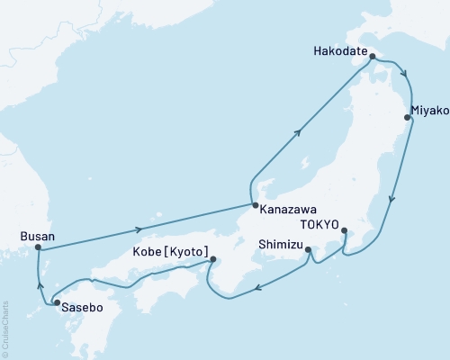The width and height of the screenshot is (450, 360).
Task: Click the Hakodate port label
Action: (340, 52)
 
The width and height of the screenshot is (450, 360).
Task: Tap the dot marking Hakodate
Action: (372, 55)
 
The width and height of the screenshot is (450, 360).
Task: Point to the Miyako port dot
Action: (408, 116)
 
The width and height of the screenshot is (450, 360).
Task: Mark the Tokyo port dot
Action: (345, 230)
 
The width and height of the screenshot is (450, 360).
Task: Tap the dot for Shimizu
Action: (308, 250)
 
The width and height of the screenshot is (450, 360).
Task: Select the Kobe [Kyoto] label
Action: (171, 250)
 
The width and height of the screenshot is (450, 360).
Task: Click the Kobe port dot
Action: (213, 260)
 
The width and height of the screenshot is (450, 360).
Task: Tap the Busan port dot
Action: (38, 247)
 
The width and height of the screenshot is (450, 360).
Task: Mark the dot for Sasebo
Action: (58, 303)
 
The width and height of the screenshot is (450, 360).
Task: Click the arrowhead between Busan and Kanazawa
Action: (139, 229)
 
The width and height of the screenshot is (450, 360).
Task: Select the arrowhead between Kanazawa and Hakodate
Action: (298, 132)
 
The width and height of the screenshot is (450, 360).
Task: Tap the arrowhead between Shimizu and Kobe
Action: (257, 289)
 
